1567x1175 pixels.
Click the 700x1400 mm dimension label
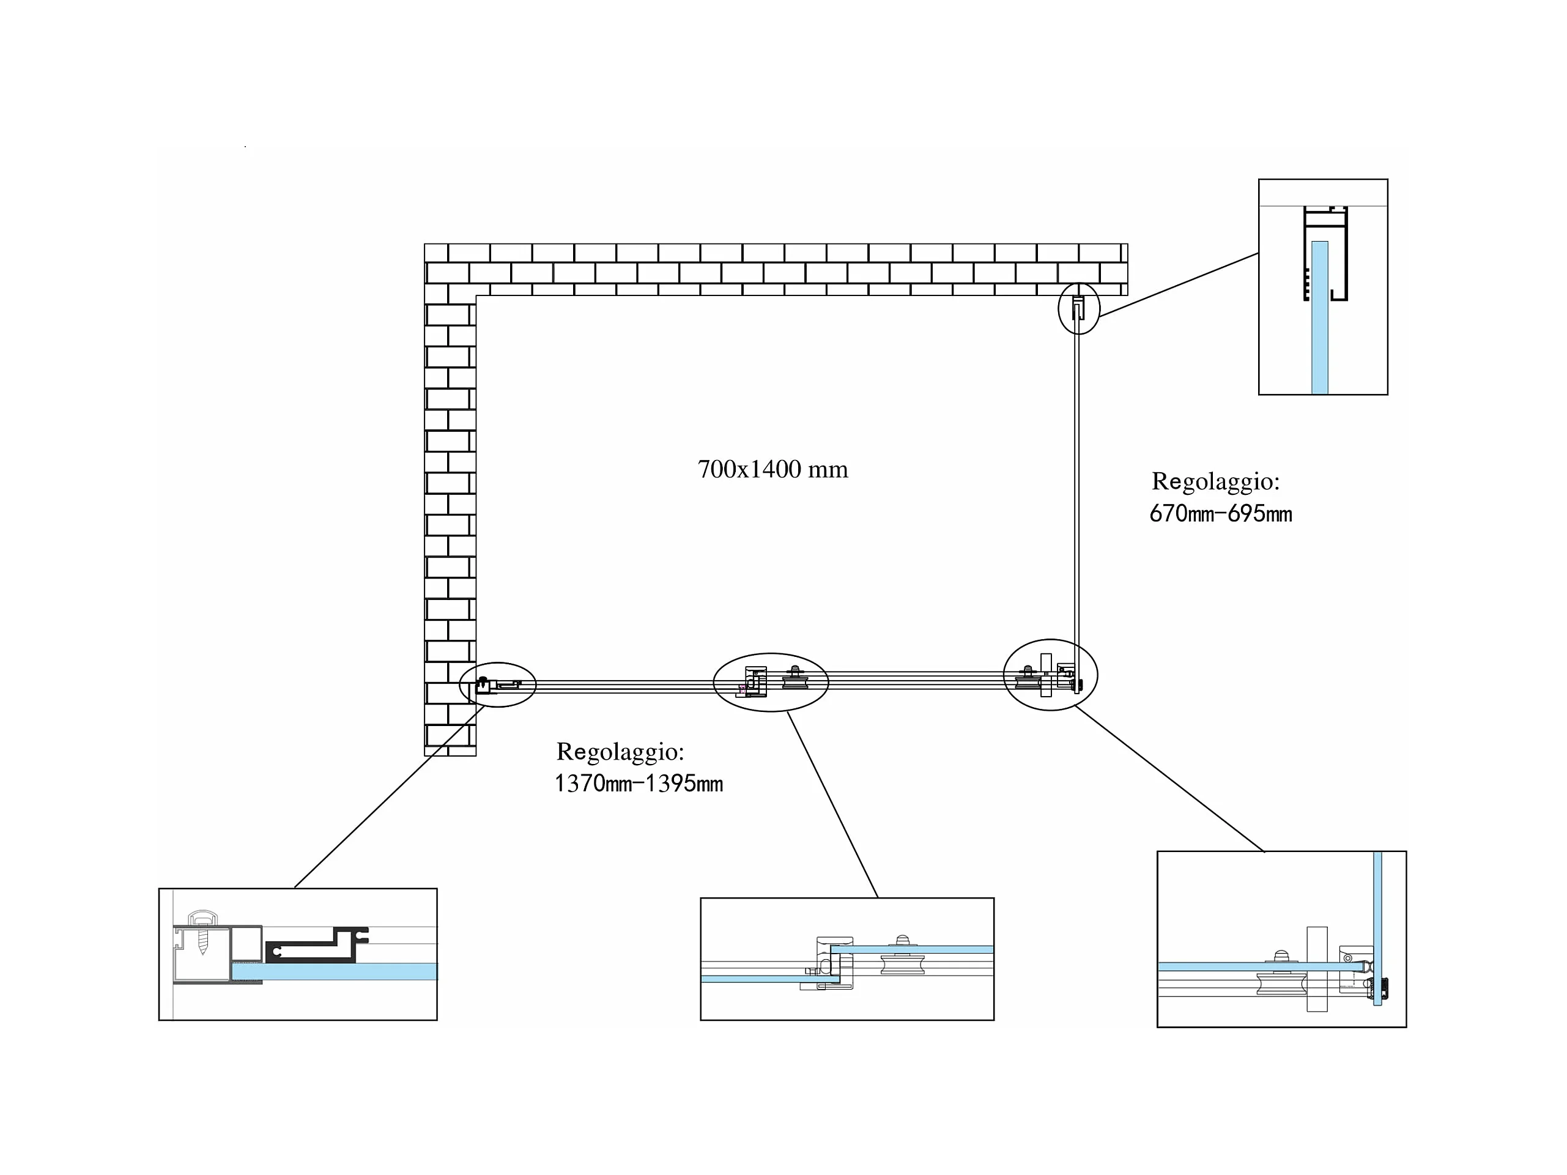point(772,469)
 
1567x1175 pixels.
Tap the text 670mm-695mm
point(1220,513)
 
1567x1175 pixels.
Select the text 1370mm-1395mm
point(639,784)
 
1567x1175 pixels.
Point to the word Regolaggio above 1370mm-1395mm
point(620,752)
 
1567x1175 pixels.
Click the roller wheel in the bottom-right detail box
point(1280,983)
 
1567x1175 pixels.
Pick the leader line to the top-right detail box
point(1179,284)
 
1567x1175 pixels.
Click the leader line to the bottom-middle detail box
point(832,804)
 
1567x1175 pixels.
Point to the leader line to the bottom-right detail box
point(1169,779)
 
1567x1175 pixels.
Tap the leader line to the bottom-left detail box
point(390,797)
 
